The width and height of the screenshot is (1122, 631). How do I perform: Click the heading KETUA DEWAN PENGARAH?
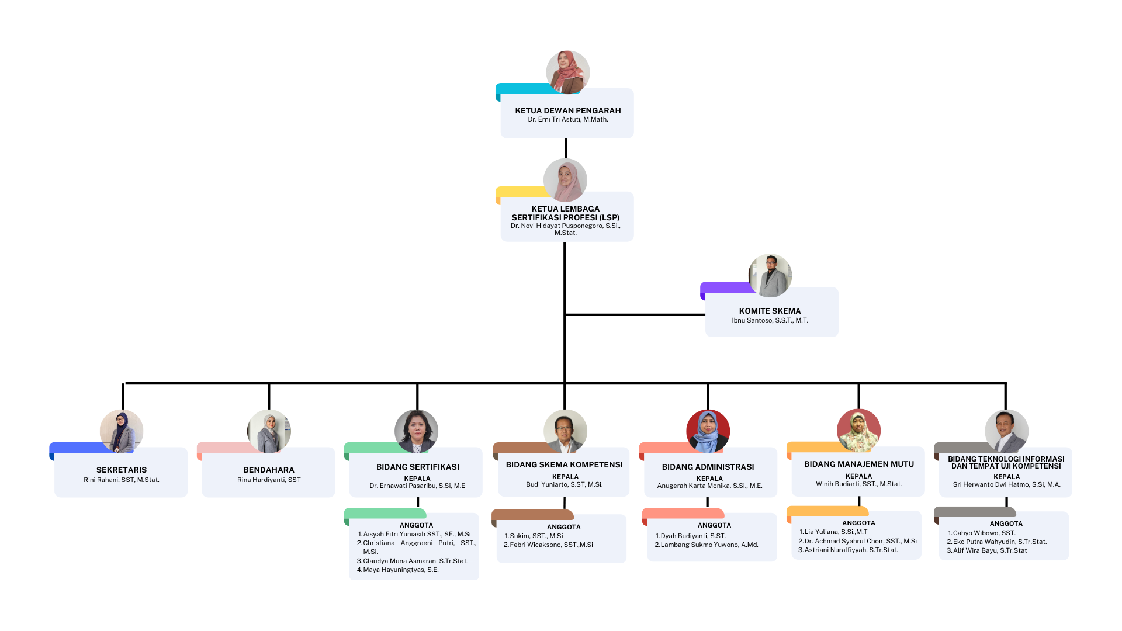(567, 110)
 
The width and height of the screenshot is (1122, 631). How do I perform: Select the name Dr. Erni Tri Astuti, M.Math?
(567, 119)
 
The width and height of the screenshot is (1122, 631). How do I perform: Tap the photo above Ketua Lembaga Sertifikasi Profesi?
(565, 180)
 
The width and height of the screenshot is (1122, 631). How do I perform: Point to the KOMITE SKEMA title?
(770, 311)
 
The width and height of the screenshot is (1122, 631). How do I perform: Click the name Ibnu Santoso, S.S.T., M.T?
(770, 320)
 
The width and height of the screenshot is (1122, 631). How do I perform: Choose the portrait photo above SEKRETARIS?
(122, 431)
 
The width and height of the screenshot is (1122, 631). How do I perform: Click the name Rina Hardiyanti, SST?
(269, 480)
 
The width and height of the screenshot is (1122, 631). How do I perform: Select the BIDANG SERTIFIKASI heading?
(417, 467)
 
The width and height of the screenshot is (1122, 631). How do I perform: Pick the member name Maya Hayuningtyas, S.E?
(400, 570)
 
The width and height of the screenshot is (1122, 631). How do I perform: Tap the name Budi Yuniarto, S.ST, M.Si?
(564, 484)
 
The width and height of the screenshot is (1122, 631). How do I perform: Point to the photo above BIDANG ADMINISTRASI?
(708, 431)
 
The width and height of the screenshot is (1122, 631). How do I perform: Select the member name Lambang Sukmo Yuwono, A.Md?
(709, 545)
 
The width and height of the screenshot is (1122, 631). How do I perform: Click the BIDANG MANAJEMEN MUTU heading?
(858, 464)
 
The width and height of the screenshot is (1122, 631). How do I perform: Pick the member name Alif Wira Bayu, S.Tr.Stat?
(989, 550)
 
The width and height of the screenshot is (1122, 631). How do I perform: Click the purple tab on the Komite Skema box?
(725, 287)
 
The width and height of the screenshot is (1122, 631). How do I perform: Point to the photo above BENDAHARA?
(269, 431)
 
